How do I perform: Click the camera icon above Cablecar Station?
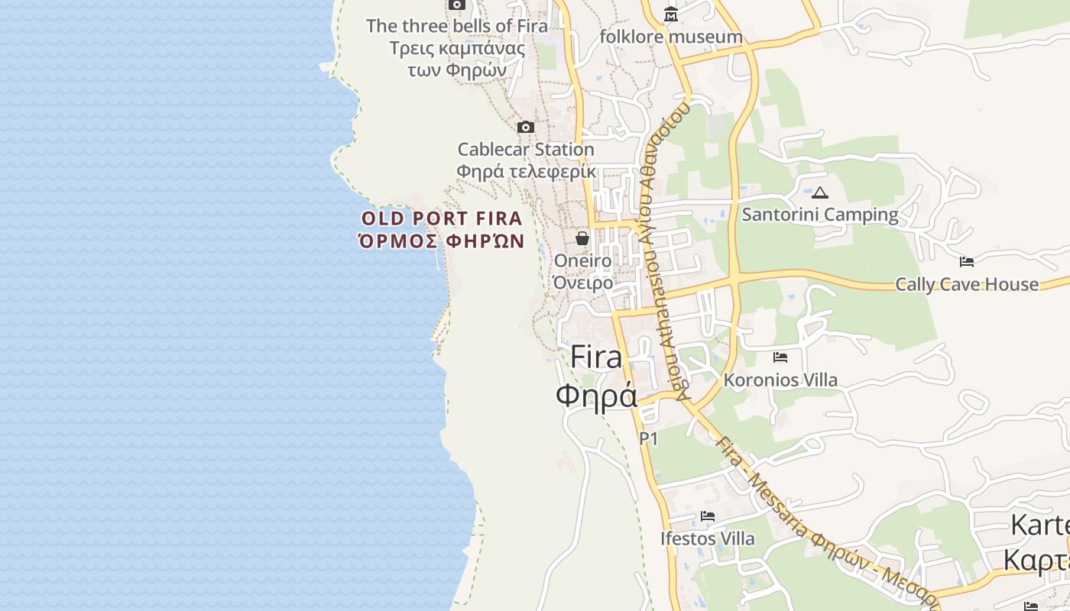[x=526, y=127]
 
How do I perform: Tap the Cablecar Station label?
[x=526, y=149]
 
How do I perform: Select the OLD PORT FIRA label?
[x=442, y=218]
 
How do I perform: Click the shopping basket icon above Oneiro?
[x=582, y=238]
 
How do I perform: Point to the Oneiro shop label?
[x=583, y=261]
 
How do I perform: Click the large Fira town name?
[x=597, y=357]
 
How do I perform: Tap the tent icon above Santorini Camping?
[x=820, y=192]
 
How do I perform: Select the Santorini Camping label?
[x=820, y=215]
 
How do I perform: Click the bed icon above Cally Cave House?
[x=967, y=262]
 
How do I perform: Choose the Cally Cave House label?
[x=967, y=285]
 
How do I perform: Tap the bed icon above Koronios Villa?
[x=780, y=357]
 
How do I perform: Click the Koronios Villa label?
[x=780, y=380]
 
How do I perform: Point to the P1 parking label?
[x=648, y=438]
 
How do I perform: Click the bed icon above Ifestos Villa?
[x=708, y=516]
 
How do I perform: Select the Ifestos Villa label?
[x=708, y=538]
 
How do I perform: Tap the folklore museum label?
[x=671, y=37]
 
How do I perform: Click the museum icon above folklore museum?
[x=670, y=15]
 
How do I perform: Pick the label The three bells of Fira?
[x=457, y=26]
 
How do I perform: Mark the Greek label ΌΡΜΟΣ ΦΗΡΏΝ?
[x=442, y=241]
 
